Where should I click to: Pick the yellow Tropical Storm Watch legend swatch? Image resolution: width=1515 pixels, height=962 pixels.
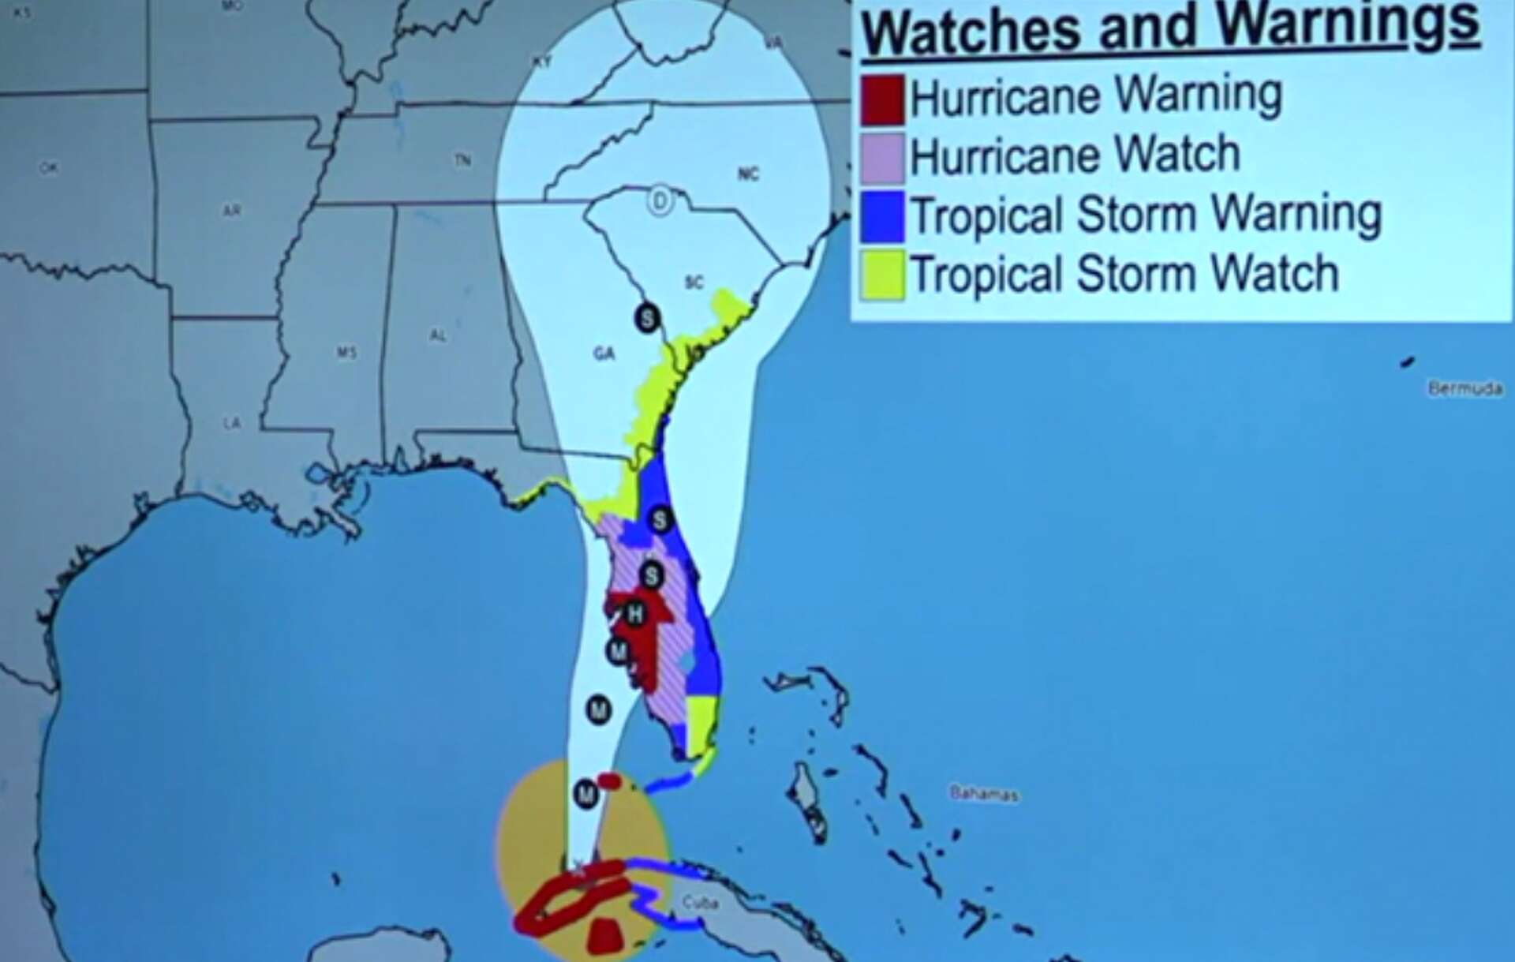tap(882, 275)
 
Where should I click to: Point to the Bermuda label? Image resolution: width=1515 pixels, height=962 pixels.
tap(1464, 388)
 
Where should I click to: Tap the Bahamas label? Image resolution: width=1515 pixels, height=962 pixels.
tap(983, 794)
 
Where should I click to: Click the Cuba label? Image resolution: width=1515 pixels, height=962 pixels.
tap(699, 902)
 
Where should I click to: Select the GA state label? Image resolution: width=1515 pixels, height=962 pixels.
tap(604, 354)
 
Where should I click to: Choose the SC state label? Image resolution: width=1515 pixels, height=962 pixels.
tap(694, 283)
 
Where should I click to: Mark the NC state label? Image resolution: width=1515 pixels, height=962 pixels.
tap(748, 174)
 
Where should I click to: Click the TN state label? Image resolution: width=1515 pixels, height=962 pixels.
tap(462, 161)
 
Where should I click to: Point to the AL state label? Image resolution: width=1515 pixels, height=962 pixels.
tap(438, 335)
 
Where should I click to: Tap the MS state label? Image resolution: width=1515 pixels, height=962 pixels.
tap(346, 352)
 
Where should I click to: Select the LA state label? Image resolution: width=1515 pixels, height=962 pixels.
tap(231, 424)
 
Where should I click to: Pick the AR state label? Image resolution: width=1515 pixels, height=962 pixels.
tap(231, 211)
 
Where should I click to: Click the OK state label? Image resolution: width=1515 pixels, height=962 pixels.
tap(48, 168)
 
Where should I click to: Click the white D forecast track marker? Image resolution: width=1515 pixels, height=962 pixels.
tap(660, 201)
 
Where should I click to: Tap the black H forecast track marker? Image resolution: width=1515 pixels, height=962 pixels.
tap(635, 613)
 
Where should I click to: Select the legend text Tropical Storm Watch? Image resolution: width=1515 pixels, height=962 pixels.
tap(1124, 274)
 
